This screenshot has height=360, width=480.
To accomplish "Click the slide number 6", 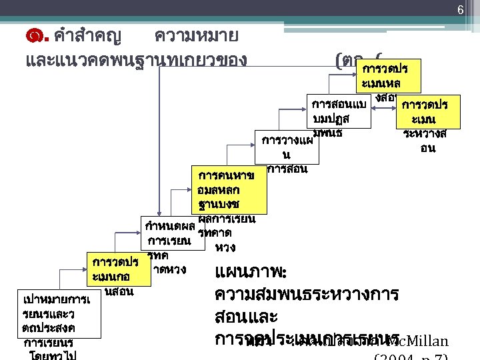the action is [459, 9].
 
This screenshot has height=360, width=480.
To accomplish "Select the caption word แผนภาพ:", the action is [251, 273].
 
